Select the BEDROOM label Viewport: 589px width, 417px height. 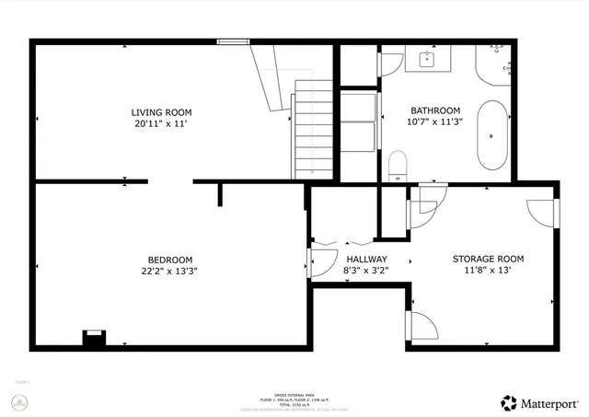pos(170,260)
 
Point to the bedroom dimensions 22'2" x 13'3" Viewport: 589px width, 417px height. pos(170,271)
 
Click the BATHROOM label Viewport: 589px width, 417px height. pos(434,110)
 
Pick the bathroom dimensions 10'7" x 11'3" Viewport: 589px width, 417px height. pos(434,121)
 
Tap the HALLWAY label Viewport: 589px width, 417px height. pos(366,260)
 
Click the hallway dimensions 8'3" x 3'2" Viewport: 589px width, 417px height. pos(366,271)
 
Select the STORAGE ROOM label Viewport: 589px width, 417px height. pos(488,260)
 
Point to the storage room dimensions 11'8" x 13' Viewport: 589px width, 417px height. pos(488,271)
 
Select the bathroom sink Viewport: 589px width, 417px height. pos(427,60)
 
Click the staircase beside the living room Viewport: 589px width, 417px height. pos(313,129)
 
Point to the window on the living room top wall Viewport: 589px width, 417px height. pos(233,41)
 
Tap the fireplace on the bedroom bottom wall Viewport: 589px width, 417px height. pos(93,339)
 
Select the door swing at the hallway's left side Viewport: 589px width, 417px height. pos(322,261)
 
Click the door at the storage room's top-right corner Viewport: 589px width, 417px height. pos(543,210)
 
